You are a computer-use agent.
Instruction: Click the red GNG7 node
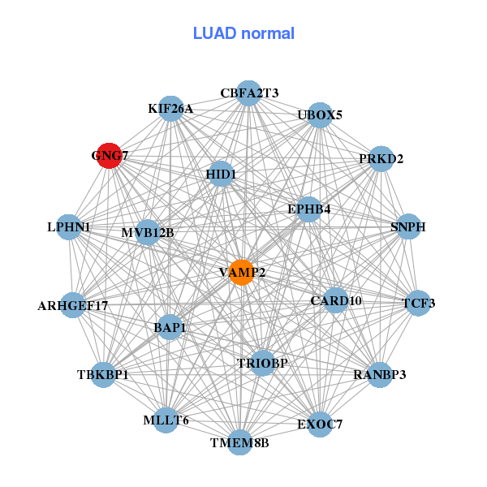pyautogui.click(x=110, y=155)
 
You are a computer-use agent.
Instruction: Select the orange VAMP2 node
pyautogui.click(x=242, y=272)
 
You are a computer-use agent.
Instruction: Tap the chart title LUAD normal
pyautogui.click(x=243, y=33)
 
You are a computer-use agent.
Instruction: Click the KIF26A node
pyautogui.click(x=170, y=109)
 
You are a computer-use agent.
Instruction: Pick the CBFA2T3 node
pyautogui.click(x=249, y=93)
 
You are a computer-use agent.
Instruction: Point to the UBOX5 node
pyautogui.click(x=320, y=114)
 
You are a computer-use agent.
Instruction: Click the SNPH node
pyautogui.click(x=408, y=226)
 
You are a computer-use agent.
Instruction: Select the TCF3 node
pyautogui.click(x=419, y=304)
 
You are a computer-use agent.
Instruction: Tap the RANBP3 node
pyautogui.click(x=380, y=375)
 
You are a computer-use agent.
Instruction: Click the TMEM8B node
pyautogui.click(x=239, y=442)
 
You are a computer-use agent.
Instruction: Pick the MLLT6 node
pyautogui.click(x=166, y=420)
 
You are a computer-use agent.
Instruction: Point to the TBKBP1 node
pyautogui.click(x=103, y=375)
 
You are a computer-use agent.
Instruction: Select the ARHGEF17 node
pyautogui.click(x=72, y=306)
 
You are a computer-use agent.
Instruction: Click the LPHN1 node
pyautogui.click(x=69, y=227)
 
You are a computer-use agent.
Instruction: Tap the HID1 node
pyautogui.click(x=221, y=174)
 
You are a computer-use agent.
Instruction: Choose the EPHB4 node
pyautogui.click(x=309, y=209)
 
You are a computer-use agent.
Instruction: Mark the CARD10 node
pyautogui.click(x=336, y=301)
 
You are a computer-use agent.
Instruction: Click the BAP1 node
pyautogui.click(x=170, y=328)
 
